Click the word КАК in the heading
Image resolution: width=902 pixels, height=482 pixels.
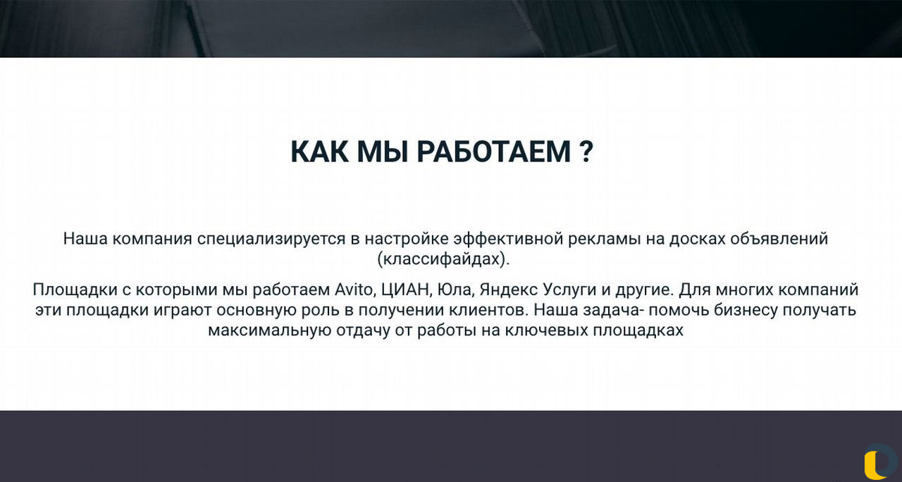coord(320,152)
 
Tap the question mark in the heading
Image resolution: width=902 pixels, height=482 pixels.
coord(587,152)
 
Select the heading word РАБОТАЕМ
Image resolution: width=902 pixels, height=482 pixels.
coord(494,152)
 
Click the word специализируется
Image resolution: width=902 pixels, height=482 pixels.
coord(271,239)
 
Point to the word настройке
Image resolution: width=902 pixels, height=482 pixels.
coord(407,239)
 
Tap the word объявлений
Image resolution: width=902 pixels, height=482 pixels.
coord(779,239)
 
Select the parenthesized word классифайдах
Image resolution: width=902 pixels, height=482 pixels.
coord(443,259)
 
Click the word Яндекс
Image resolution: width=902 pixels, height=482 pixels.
coord(509,290)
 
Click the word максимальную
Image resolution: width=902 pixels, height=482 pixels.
coord(269,331)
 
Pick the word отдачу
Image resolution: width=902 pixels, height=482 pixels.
coord(363,331)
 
